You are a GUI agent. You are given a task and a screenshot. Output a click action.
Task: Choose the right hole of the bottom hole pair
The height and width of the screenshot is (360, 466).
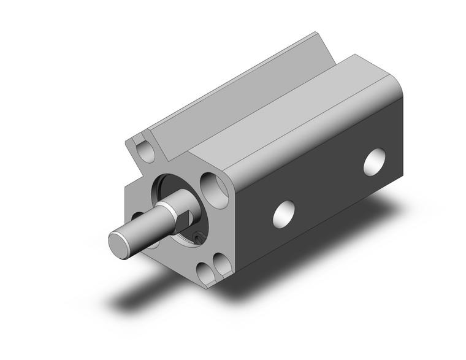click(219, 267)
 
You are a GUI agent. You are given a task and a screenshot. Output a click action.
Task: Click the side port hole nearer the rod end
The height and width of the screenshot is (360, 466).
click(284, 212)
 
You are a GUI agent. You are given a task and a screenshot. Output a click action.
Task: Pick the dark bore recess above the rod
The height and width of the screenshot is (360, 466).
click(172, 184)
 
